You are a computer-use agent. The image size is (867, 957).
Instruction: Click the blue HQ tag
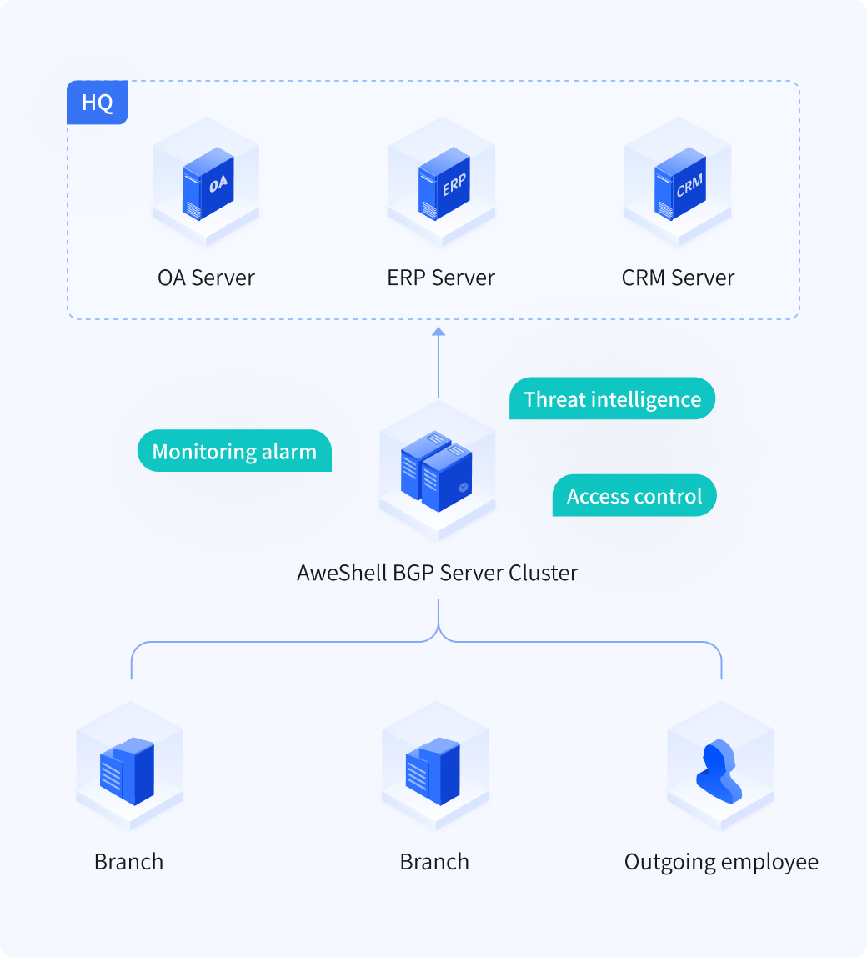[x=97, y=103]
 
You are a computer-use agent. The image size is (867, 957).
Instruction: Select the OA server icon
[x=208, y=183]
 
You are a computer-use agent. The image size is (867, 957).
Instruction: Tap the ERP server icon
[x=444, y=183]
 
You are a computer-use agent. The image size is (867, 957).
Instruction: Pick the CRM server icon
[x=680, y=183]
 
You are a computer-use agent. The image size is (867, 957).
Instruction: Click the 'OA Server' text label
[x=206, y=278]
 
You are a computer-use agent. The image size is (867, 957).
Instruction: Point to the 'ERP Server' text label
[x=441, y=278]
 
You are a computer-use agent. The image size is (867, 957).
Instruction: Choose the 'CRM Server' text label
[x=678, y=278]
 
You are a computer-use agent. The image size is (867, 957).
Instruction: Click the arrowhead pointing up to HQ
[x=439, y=332]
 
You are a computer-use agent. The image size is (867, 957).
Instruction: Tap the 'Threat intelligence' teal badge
[x=613, y=398]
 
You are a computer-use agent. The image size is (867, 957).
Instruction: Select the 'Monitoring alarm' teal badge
[x=234, y=451]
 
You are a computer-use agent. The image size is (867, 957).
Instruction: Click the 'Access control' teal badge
[x=634, y=495]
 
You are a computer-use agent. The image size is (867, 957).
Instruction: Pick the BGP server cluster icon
[x=437, y=471]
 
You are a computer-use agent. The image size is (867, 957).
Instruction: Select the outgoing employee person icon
[x=719, y=771]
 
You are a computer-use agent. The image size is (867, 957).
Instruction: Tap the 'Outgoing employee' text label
[x=721, y=863]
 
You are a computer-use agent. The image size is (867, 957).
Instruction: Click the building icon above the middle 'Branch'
[x=433, y=771]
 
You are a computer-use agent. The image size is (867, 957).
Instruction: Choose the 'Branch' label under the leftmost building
[x=129, y=862]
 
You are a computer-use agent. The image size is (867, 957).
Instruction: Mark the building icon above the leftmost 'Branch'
[x=127, y=771]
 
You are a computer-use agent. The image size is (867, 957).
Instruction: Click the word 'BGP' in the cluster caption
[x=413, y=573]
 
